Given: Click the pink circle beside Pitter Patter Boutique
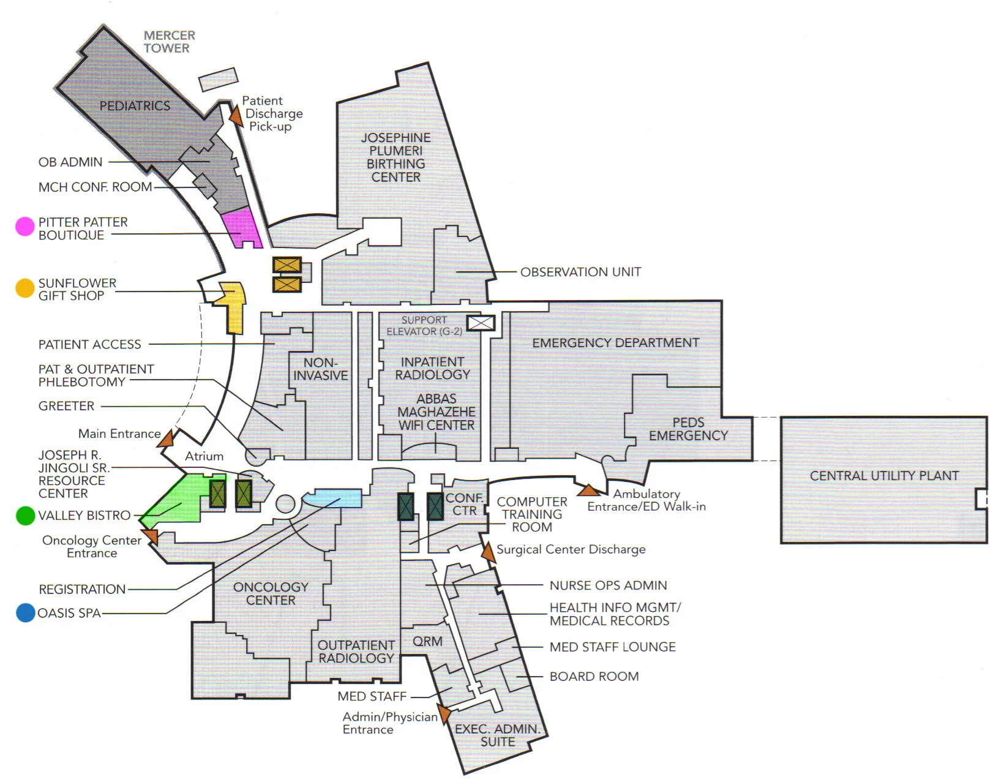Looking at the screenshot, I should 24,227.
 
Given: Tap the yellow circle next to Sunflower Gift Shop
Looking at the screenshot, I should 24,288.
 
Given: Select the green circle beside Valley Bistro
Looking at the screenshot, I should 25,516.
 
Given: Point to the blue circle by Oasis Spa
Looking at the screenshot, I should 25,612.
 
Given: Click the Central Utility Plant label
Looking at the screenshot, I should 884,476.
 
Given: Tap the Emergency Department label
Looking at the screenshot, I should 615,343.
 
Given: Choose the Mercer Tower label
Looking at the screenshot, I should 169,42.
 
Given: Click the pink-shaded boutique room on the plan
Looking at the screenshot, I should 243,228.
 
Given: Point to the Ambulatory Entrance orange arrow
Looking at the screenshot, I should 588,490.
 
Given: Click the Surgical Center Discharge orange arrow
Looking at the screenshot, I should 488,552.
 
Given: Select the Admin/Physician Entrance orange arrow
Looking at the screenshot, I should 444,714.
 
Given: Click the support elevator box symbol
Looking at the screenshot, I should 481,323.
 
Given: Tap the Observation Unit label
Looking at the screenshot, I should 580,272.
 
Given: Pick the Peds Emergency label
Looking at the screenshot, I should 688,429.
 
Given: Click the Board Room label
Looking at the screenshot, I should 594,677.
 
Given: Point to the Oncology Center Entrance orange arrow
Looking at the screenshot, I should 151,537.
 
